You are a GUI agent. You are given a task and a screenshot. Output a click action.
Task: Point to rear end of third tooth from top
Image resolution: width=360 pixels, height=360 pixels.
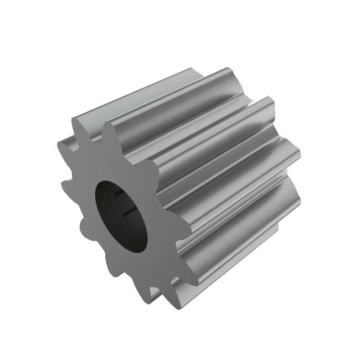(x=294, y=144)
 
